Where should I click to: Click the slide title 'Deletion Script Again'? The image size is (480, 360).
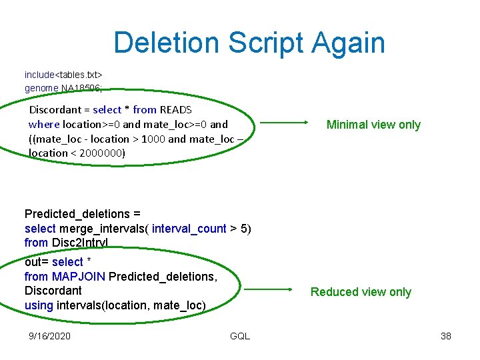(x=249, y=43)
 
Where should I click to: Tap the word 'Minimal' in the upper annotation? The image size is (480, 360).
(x=347, y=125)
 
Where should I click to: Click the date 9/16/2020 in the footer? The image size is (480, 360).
(x=50, y=335)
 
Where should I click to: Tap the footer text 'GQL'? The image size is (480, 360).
(x=239, y=335)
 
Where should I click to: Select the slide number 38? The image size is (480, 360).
(x=445, y=335)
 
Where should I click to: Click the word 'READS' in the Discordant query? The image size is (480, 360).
(x=176, y=109)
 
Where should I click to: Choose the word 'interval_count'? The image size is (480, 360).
(x=189, y=229)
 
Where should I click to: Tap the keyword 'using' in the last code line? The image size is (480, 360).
(x=39, y=305)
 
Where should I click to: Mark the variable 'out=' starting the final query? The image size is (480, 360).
(x=36, y=262)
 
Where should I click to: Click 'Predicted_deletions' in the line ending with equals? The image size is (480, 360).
(x=77, y=214)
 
